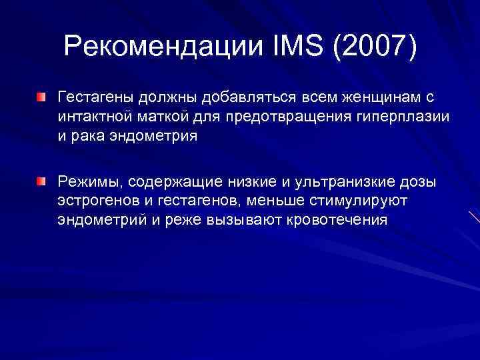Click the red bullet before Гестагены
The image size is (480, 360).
[42, 98]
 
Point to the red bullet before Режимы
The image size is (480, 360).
[42, 181]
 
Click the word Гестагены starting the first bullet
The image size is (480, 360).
[97, 98]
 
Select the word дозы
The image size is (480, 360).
[419, 181]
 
